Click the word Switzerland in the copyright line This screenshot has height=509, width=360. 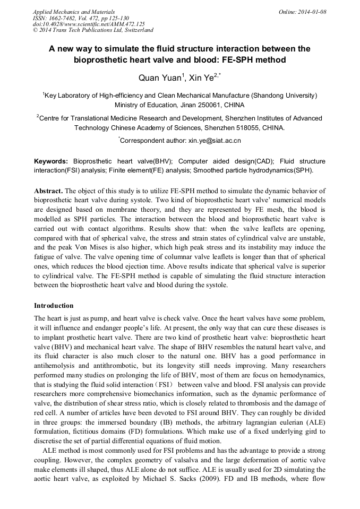pyautogui.click(x=134, y=30)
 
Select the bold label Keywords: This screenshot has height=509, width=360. pyautogui.click(x=51, y=161)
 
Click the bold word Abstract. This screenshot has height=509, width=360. pyautogui.click(x=49, y=191)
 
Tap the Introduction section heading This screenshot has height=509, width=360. pyautogui.click(x=54, y=306)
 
